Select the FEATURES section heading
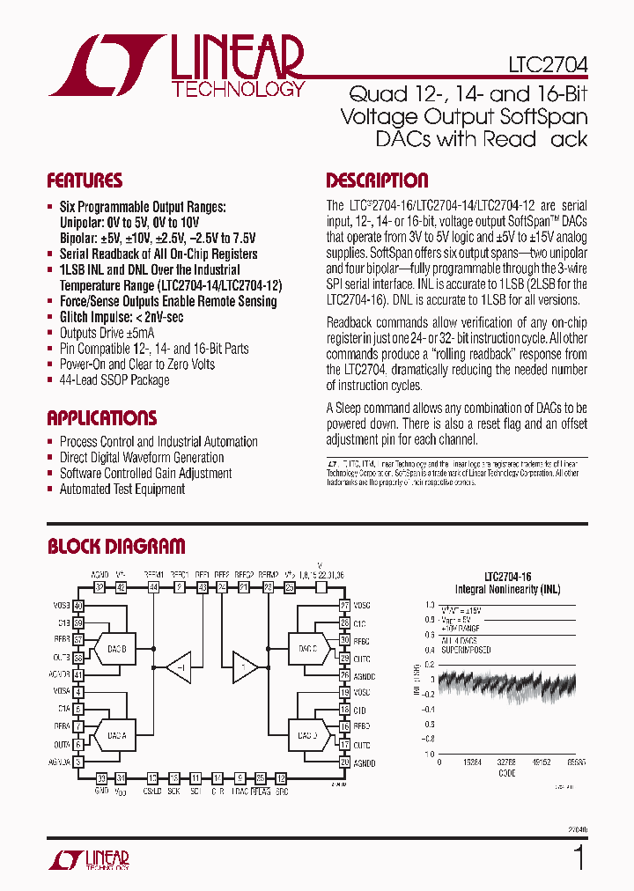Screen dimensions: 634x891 (x=85, y=181)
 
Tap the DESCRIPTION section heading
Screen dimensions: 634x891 (x=377, y=181)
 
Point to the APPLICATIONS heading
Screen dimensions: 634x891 (x=101, y=418)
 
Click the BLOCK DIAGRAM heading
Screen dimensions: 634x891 (x=116, y=547)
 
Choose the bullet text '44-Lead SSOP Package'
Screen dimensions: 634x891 (x=114, y=380)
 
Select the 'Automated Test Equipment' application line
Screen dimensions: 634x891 (x=122, y=489)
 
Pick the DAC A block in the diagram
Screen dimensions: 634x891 (x=115, y=734)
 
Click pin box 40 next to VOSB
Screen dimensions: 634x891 (x=78, y=606)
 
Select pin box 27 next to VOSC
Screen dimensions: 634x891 (x=345, y=606)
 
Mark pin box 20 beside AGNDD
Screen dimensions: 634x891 (x=345, y=762)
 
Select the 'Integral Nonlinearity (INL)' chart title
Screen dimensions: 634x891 (x=507, y=589)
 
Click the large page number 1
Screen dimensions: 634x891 (x=579, y=857)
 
